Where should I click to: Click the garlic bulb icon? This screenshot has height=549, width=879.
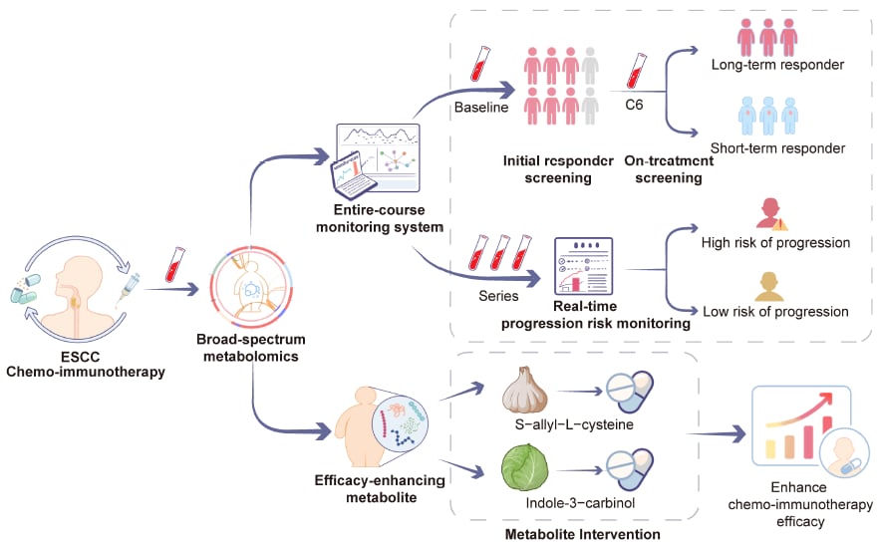click(x=528, y=393)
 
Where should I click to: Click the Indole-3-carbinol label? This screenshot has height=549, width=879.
click(x=565, y=501)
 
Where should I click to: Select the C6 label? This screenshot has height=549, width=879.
click(x=635, y=104)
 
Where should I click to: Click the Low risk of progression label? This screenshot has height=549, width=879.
click(x=777, y=311)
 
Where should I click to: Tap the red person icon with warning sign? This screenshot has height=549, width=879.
click(x=770, y=213)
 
